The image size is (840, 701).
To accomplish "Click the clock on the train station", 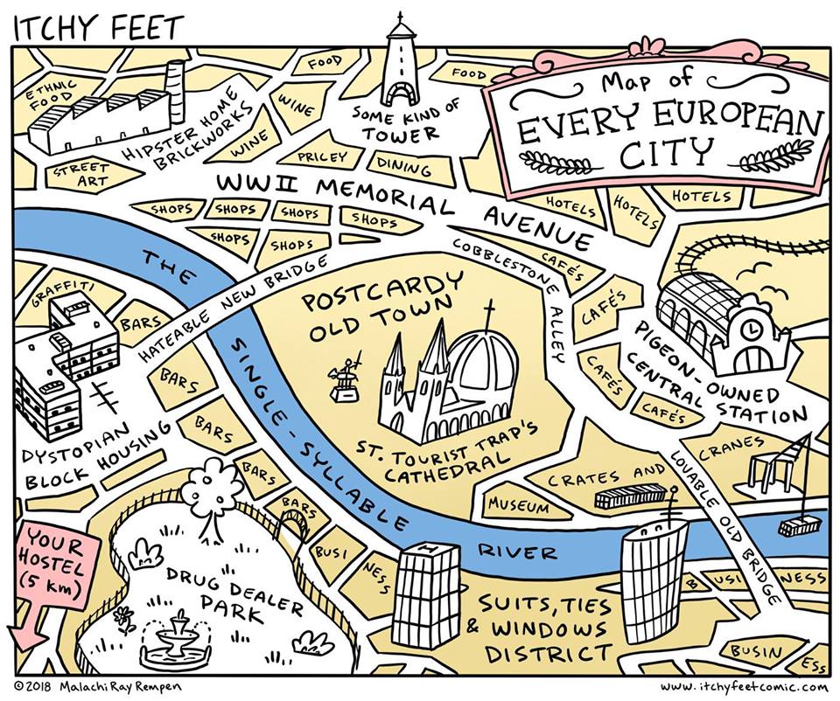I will point(752,330).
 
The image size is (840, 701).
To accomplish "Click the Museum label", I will point(518,505).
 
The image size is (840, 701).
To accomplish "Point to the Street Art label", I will point(83,173).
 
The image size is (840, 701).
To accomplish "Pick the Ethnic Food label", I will point(51,94).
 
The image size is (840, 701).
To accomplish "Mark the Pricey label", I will point(322,157).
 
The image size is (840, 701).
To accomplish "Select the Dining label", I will point(404,166).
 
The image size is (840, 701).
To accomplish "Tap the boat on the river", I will point(799,524).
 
